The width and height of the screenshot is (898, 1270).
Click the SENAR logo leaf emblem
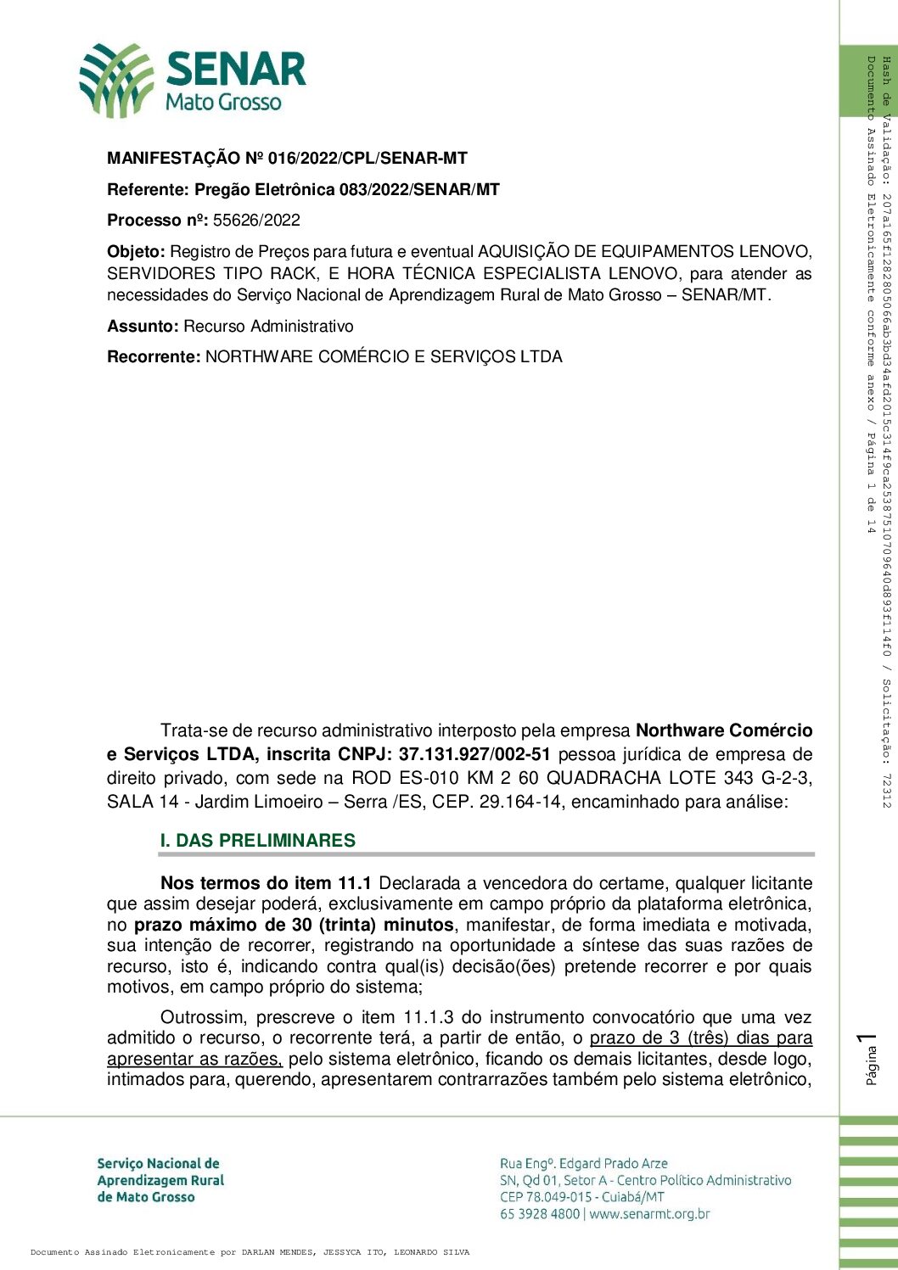pyautogui.click(x=117, y=80)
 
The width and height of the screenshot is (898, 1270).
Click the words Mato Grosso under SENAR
pyautogui.click(x=223, y=103)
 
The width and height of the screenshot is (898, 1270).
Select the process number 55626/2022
pyautogui.click(x=256, y=221)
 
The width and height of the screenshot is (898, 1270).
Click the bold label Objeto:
pyautogui.click(x=136, y=252)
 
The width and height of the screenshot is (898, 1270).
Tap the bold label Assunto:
pyautogui.click(x=143, y=327)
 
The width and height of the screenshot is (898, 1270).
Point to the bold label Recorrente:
pyautogui.click(x=154, y=357)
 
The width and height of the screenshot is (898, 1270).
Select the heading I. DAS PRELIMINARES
pyautogui.click(x=257, y=841)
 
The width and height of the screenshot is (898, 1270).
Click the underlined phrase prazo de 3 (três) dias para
pyautogui.click(x=701, y=1038)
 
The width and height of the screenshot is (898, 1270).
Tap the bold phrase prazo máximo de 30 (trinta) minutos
pyautogui.click(x=294, y=925)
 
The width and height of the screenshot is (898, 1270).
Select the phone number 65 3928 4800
pyautogui.click(x=540, y=1214)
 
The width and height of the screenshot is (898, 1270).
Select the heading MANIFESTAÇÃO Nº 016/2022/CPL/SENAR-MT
pyautogui.click(x=287, y=159)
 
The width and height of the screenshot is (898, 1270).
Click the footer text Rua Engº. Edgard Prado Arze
pyautogui.click(x=584, y=1164)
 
